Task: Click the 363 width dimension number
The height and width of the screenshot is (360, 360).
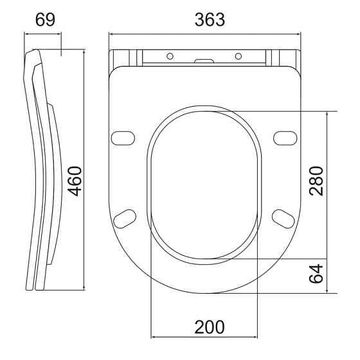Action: [210, 20]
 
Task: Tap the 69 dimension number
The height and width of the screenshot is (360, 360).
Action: [45, 20]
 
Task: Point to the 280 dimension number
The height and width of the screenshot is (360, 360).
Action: [316, 181]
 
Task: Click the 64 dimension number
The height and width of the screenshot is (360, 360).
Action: [316, 274]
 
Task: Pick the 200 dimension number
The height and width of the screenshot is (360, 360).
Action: [210, 327]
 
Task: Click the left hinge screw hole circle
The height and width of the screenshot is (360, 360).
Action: [170, 56]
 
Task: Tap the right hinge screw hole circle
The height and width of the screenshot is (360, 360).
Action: [239, 56]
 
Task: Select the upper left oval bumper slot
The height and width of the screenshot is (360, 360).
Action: [123, 138]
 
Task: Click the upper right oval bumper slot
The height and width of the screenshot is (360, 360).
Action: [285, 138]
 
